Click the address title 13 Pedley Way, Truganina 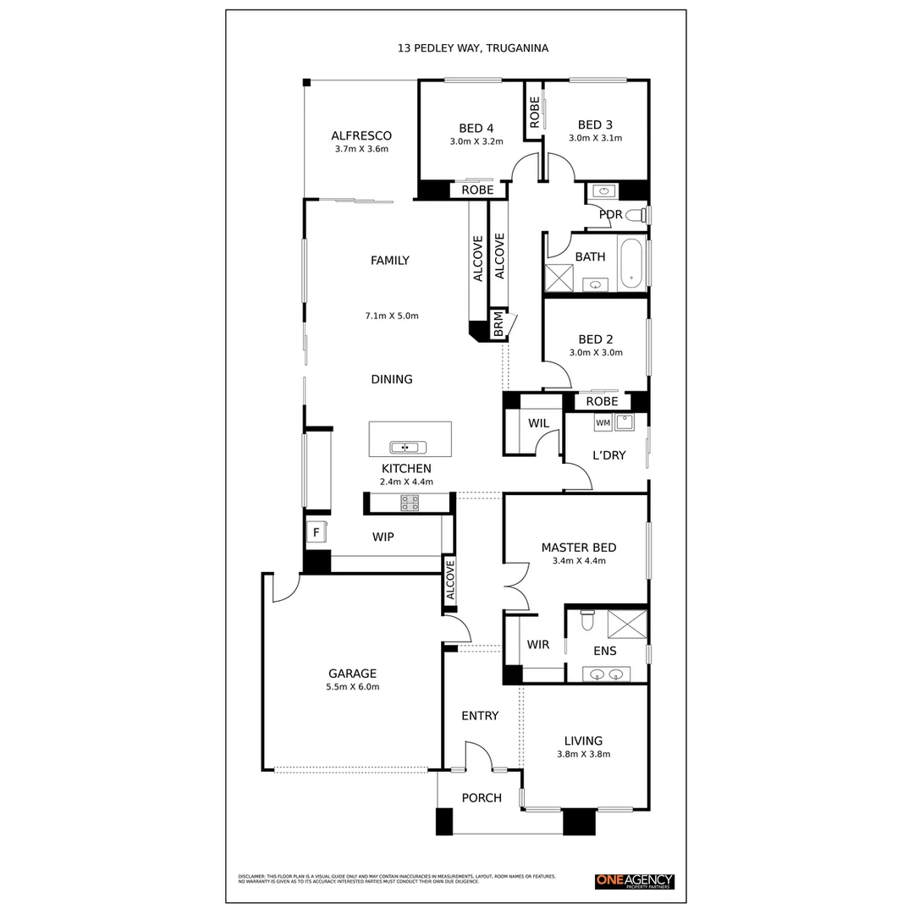(x=473, y=48)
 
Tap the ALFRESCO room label (x=361, y=135)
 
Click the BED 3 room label (x=595, y=124)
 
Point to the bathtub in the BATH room (x=631, y=264)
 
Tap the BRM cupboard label (x=498, y=325)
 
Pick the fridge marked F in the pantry (x=317, y=532)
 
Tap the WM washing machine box (x=603, y=421)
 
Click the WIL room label (x=538, y=422)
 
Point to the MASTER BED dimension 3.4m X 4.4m (x=579, y=560)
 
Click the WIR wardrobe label (x=537, y=645)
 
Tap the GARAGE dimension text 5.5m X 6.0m (x=352, y=687)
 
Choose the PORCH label (x=482, y=798)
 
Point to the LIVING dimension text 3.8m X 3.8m (x=583, y=754)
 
